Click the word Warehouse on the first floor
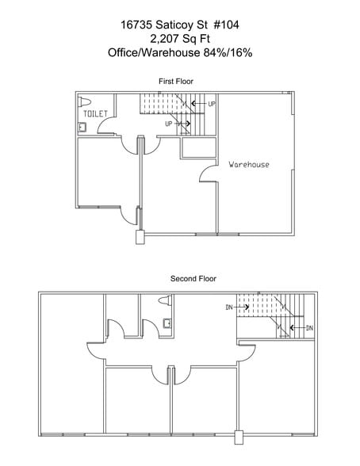pyautogui.click(x=248, y=165)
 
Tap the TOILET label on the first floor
pyautogui.click(x=95, y=114)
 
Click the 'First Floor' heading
pyautogui.click(x=177, y=82)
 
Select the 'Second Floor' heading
pyautogui.click(x=193, y=279)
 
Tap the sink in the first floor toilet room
pyautogui.click(x=82, y=126)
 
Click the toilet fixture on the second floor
pyautogui.click(x=165, y=301)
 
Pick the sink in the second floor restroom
pyautogui.click(x=166, y=323)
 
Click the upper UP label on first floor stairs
pyautogui.click(x=212, y=104)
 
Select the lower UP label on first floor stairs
pyautogui.click(x=169, y=124)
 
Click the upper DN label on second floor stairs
pyautogui.click(x=228, y=306)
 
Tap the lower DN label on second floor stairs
pyautogui.click(x=308, y=327)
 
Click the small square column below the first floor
pyautogui.click(x=140, y=235)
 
